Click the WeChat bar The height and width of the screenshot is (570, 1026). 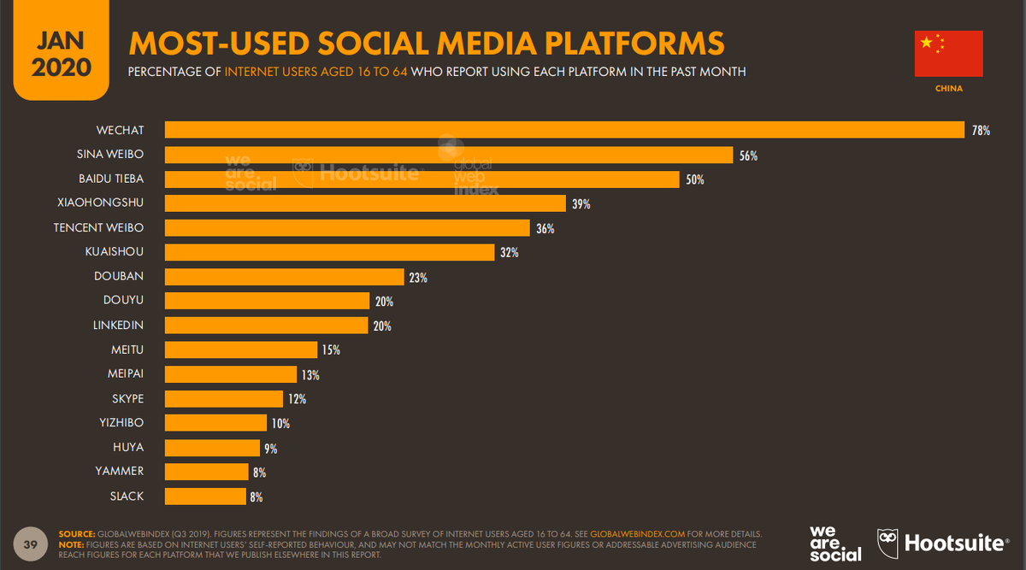tap(564, 130)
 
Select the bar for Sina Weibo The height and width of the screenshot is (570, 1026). tap(449, 155)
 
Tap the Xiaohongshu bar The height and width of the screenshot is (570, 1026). tap(365, 203)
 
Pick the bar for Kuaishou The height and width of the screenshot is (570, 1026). tap(329, 252)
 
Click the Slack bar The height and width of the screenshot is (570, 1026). tap(205, 496)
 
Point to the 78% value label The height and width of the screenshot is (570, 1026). tap(981, 131)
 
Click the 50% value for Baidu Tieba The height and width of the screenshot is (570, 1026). tap(694, 179)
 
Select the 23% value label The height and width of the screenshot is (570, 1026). tap(418, 277)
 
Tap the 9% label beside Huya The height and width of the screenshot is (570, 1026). tap(270, 448)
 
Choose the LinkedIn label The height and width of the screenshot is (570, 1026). tap(118, 326)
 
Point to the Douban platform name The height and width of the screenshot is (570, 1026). tap(119, 277)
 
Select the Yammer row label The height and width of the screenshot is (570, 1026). tap(119, 471)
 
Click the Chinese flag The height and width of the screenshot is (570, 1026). tap(948, 53)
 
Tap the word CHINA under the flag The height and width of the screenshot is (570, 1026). tap(949, 88)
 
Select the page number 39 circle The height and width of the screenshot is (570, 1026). tap(31, 544)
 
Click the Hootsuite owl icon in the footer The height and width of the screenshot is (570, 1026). tap(887, 543)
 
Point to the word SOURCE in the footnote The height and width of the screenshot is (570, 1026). tap(75, 533)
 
